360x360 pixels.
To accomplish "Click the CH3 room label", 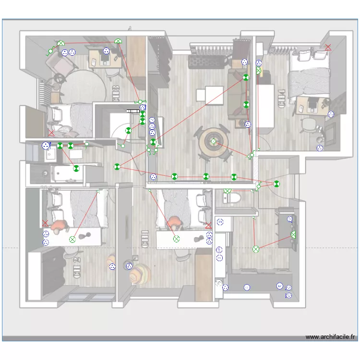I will click(115, 93).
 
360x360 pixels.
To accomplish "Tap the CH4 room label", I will click(281, 99).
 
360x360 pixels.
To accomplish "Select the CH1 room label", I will click(144, 239).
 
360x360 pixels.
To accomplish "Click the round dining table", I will click(214, 142).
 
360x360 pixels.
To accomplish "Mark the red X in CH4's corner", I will click(328, 47).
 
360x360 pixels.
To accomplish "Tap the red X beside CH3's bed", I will click(51, 132).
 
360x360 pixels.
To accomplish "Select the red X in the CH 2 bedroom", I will click(45, 223).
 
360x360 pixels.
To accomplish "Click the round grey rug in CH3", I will click(84, 89).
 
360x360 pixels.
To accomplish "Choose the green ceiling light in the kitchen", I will click(256, 249).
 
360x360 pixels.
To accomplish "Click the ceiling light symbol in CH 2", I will click(72, 239).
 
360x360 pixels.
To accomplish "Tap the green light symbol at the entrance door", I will click(276, 183).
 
